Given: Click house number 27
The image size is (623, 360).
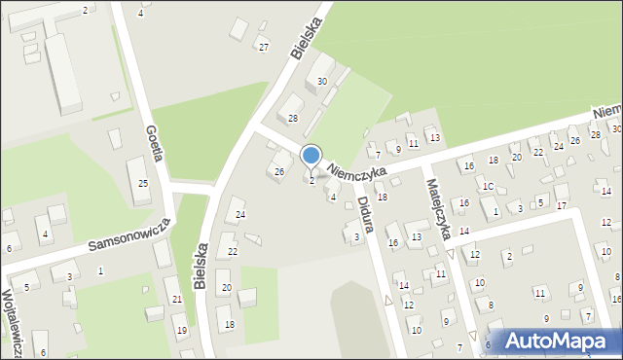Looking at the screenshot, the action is [x=263, y=48].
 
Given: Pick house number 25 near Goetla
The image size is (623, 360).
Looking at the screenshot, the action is [x=142, y=184].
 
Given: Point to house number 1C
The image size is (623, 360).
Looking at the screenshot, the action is [x=489, y=186].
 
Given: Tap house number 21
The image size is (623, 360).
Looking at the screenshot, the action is [x=177, y=299].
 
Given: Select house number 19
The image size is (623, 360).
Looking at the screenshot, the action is [x=181, y=331].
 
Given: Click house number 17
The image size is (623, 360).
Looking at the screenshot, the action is [x=561, y=205].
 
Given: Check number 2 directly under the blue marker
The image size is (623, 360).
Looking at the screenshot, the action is [x=311, y=181].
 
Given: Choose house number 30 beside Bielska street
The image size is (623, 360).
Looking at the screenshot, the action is [x=322, y=82].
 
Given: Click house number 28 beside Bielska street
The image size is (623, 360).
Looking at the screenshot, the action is [x=292, y=118].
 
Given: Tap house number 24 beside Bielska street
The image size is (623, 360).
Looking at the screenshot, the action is [x=240, y=214].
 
